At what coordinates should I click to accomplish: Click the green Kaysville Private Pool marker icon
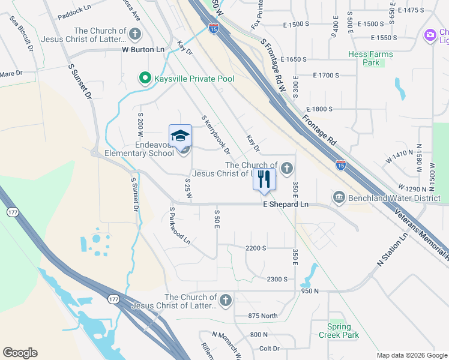[x=144, y=78]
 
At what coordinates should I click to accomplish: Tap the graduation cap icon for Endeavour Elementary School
[x=180, y=136]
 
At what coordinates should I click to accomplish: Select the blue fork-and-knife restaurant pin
[x=264, y=179]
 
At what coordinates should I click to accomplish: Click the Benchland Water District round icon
[x=339, y=197]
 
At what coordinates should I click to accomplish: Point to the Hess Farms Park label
[x=371, y=58]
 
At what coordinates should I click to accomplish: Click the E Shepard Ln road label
[x=286, y=205]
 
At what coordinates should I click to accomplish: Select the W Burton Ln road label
[x=143, y=50]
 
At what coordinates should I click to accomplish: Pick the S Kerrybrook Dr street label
[x=216, y=135]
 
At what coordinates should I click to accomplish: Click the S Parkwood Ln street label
[x=179, y=226]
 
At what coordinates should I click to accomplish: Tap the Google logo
[x=20, y=353]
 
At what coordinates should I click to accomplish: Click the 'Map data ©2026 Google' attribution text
[x=411, y=355]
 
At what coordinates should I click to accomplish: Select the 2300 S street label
[x=277, y=280]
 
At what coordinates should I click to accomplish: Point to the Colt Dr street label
[x=270, y=349]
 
